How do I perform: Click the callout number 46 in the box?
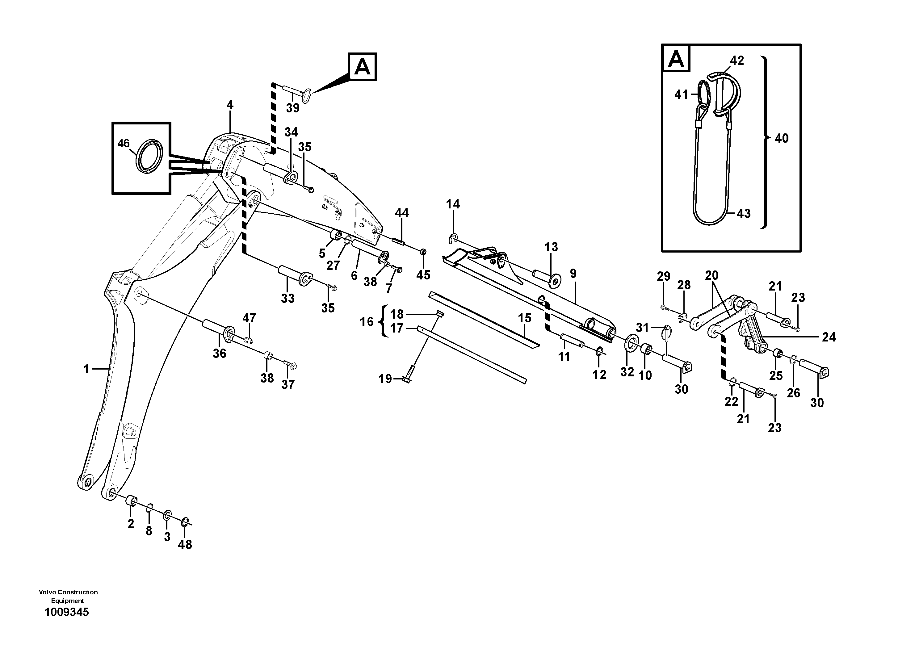(x=123, y=143)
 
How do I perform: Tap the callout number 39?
(x=292, y=108)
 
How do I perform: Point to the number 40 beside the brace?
(x=781, y=138)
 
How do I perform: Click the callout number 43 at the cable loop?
(x=743, y=214)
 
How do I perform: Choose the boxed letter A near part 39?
(x=362, y=67)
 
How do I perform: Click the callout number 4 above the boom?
(x=230, y=105)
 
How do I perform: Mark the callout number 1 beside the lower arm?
(x=86, y=369)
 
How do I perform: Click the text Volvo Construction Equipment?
(x=68, y=596)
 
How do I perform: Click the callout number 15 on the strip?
(x=524, y=318)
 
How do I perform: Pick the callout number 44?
(x=401, y=213)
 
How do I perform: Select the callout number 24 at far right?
(x=829, y=337)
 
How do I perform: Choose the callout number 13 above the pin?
(x=551, y=247)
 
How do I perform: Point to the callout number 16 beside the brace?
(x=366, y=321)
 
